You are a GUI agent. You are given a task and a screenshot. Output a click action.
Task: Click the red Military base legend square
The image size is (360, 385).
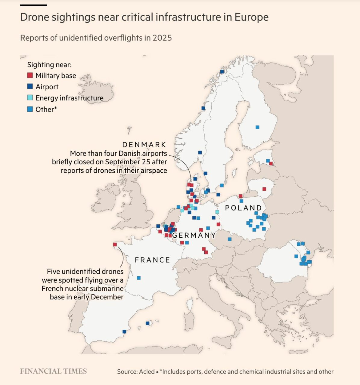point(30,75)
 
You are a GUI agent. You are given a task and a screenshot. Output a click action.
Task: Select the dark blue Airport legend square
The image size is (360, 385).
point(30,87)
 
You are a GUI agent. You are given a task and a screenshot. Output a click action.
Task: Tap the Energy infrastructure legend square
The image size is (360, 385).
point(30,98)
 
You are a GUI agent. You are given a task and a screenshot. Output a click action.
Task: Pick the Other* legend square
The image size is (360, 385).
point(30,109)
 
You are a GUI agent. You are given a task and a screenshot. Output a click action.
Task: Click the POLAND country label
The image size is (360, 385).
point(244,208)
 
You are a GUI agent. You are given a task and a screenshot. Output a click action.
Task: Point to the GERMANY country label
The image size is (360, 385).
point(194,235)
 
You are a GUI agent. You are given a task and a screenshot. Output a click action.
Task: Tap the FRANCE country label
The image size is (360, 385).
point(152,260)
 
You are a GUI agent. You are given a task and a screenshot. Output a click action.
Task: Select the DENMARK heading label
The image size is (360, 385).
point(144,145)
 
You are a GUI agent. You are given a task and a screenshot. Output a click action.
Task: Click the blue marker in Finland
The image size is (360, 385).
point(257,127)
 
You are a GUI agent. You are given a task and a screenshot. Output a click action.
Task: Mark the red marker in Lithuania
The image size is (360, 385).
point(264,189)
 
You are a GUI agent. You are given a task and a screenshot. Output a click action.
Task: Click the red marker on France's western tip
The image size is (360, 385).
point(115,245)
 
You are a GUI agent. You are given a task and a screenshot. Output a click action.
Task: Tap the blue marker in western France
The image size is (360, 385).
point(139,278)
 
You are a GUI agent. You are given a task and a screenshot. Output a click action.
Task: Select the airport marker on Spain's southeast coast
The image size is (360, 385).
point(124,331)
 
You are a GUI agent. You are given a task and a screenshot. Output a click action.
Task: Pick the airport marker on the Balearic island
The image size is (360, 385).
point(147,323)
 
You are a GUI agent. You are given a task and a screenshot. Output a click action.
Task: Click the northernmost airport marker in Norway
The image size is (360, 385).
point(222,72)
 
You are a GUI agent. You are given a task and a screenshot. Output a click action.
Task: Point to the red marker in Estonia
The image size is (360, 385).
point(271,164)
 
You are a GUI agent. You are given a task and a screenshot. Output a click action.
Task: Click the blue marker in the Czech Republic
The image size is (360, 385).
point(230,239)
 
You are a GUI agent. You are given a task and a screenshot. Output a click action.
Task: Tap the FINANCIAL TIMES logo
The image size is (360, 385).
point(53,371)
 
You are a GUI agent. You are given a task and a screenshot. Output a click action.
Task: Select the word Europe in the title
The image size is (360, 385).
point(251,17)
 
